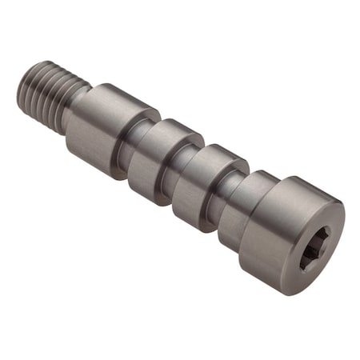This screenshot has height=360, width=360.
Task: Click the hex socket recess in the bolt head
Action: point(314,246)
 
